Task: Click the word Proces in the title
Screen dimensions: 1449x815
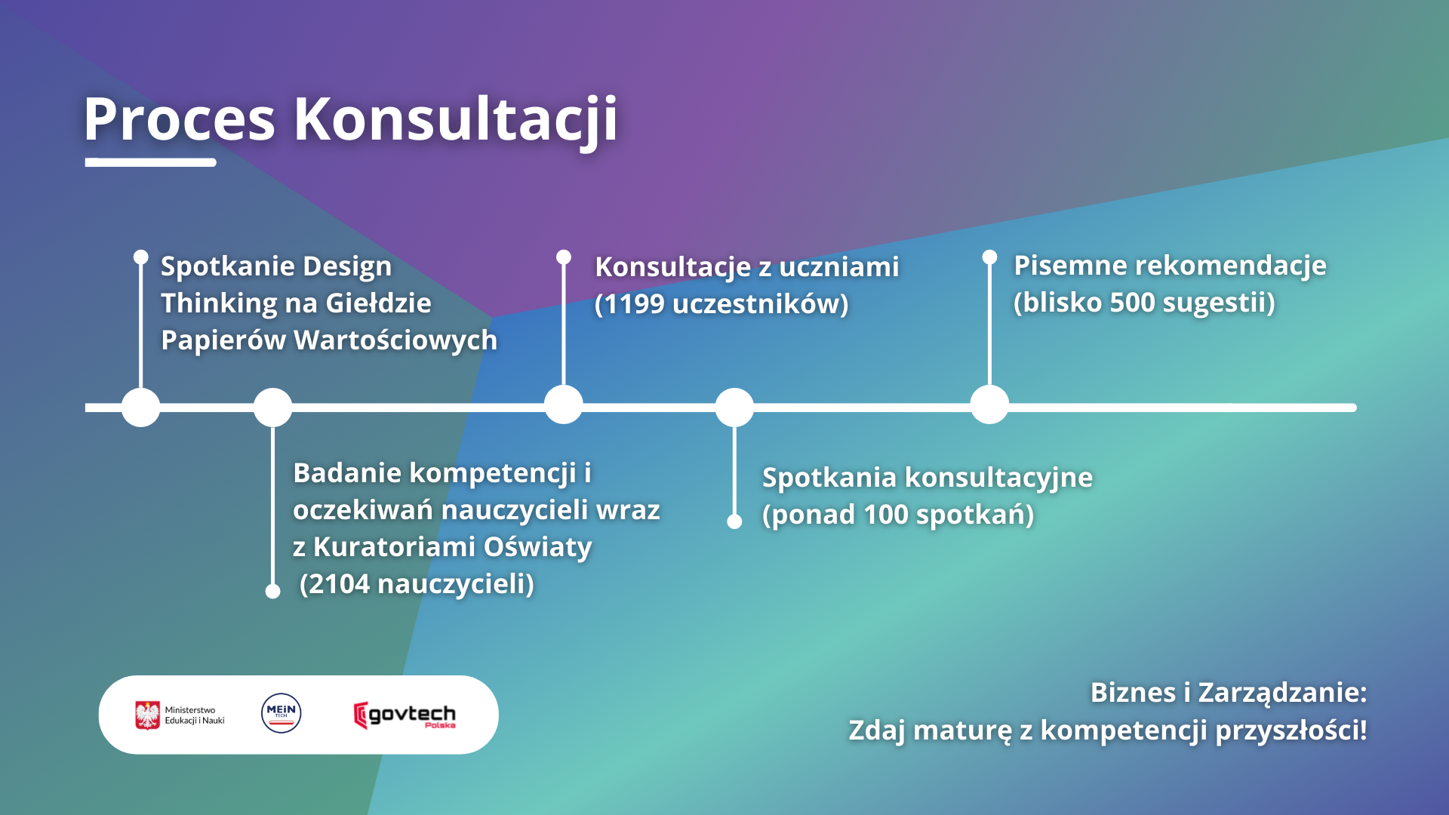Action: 180,118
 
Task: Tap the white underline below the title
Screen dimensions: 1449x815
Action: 151,162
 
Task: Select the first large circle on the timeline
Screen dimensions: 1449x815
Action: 141,407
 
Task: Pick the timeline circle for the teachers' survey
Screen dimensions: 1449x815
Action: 273,407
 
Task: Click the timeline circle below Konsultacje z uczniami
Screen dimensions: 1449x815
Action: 564,404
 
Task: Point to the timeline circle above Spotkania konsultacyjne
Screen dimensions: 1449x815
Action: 734,407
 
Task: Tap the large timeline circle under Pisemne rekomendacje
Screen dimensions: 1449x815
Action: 989,404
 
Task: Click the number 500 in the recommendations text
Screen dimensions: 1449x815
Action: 1132,303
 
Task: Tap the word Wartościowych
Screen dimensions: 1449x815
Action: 395,340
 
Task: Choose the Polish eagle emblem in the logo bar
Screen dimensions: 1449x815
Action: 148,715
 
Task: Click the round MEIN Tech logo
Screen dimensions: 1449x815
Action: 281,713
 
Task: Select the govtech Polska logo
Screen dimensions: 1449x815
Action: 405,715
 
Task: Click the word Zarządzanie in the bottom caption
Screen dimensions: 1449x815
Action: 1282,693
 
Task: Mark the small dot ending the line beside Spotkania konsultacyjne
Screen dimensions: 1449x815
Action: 734,521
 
